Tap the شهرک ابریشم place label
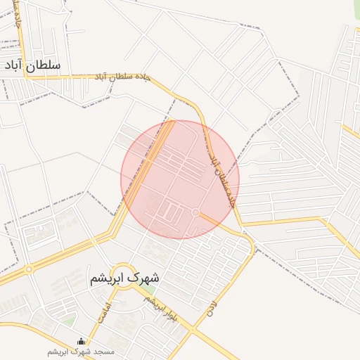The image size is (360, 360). coord(124,278)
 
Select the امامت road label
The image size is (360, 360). coord(104,312)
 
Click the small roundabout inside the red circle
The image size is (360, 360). coord(195,212)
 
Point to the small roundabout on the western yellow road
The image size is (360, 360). coord(29,269)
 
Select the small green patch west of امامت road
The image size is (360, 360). coord(68,321)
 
